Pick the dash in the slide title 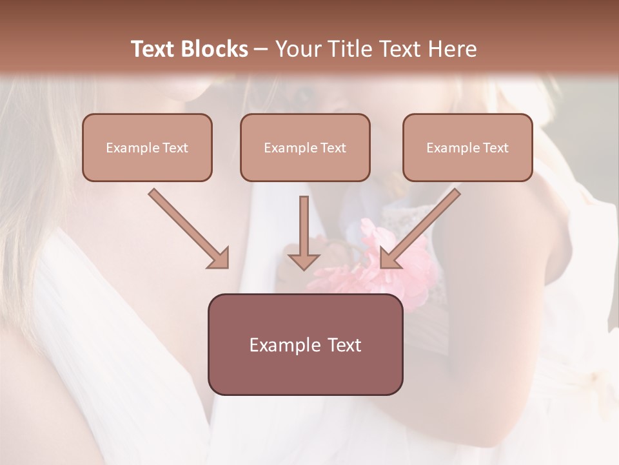coord(261,49)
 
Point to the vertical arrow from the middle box coord(304,232)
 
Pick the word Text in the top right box coord(496,148)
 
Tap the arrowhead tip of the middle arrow coord(304,269)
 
